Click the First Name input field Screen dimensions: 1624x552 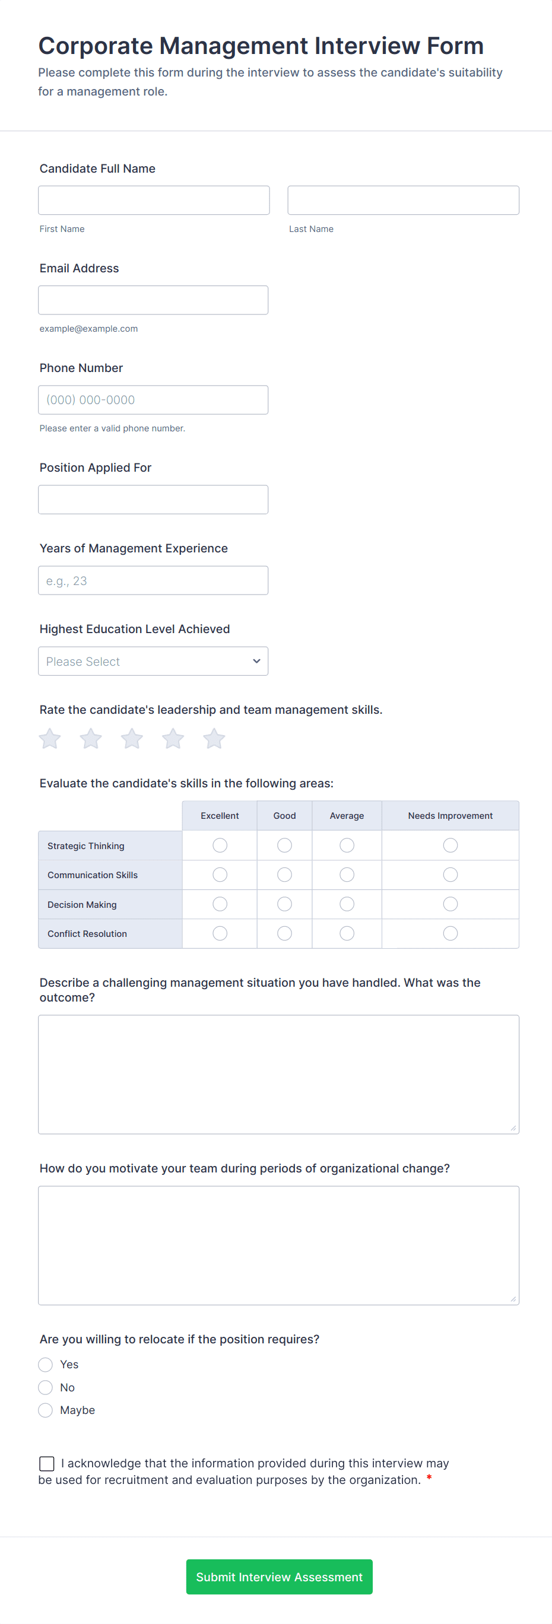tap(153, 200)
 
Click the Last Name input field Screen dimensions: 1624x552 tap(403, 200)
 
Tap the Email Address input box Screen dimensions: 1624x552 tap(153, 300)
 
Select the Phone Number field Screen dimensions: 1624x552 tap(153, 400)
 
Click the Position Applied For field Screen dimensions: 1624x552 tap(153, 500)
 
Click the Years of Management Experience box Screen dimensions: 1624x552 tap(153, 580)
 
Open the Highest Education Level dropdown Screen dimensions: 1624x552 tap(153, 661)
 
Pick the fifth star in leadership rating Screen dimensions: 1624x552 tap(214, 738)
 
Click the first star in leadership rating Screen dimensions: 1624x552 tap(50, 738)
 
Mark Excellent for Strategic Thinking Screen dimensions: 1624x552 tap(220, 846)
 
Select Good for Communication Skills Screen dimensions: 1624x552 tap(284, 875)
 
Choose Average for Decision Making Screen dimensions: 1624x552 tap(347, 904)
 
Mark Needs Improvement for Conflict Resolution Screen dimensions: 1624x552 tap(451, 933)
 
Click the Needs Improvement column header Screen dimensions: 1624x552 tap(451, 816)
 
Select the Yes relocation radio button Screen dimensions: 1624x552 tap(46, 1365)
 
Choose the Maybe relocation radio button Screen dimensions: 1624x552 tap(46, 1410)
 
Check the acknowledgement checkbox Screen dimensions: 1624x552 tap(47, 1463)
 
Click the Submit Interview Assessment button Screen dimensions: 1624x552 tap(279, 1577)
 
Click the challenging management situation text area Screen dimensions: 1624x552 tap(278, 1074)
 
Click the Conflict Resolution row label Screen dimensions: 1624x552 tap(87, 934)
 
